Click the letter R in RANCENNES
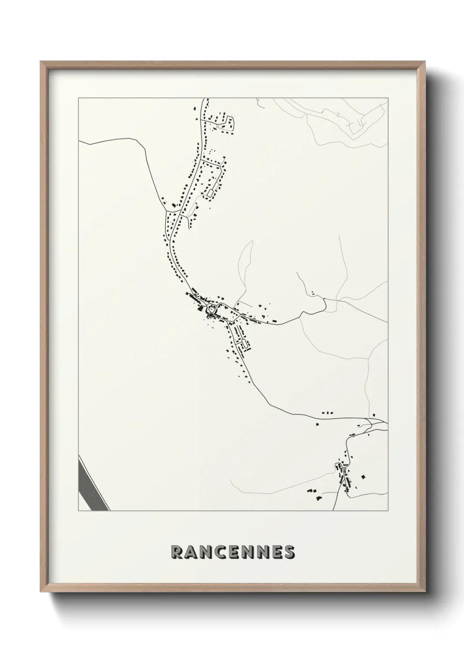178,553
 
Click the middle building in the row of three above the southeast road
328,413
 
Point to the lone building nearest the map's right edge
374,414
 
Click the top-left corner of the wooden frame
41,62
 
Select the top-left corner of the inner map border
79,98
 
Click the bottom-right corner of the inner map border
388,511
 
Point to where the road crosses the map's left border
79,142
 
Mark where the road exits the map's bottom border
333,510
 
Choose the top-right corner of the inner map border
388,98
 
